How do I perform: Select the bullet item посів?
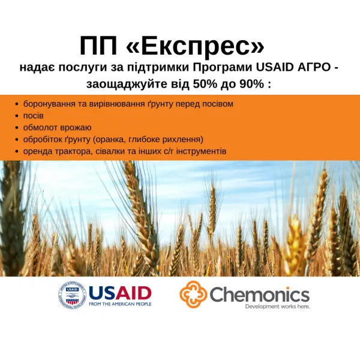33,115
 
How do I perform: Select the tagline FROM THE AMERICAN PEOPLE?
119,305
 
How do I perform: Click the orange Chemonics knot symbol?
193,294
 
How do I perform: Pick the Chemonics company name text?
259,294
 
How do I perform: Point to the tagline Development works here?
277,307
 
